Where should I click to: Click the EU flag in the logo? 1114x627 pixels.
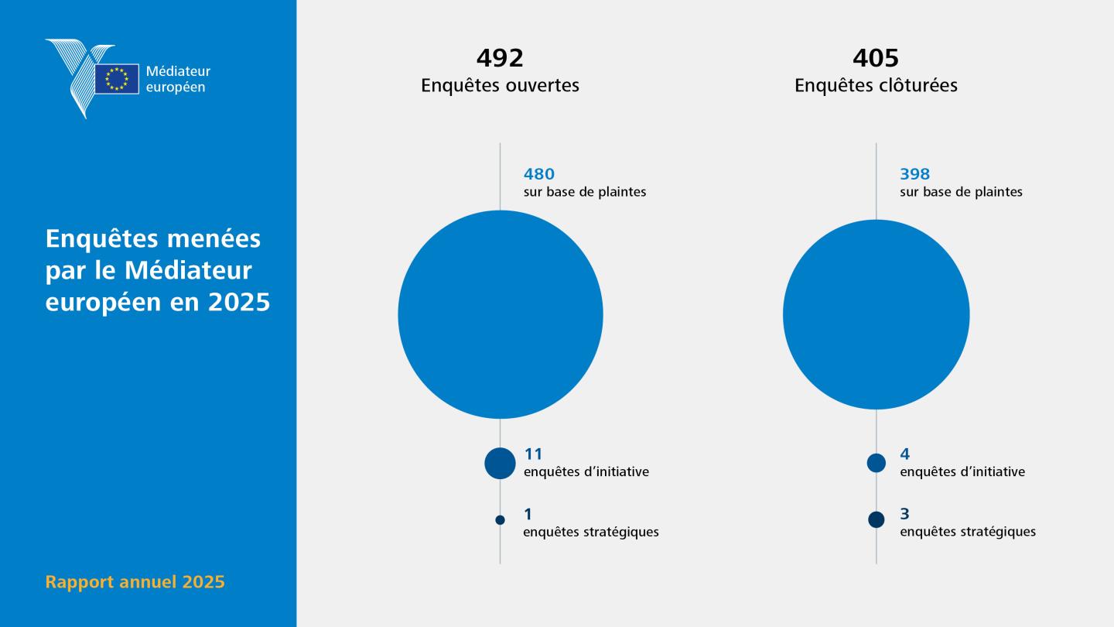point(117,79)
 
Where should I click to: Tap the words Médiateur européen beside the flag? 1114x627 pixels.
point(178,79)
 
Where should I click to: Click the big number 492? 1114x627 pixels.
point(500,58)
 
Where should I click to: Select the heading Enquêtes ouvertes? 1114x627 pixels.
point(500,85)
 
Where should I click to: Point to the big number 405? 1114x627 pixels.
point(876,58)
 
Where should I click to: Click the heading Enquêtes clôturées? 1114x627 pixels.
point(876,85)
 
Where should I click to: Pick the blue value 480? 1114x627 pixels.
point(539,174)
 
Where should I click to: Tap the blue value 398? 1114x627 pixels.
point(914,174)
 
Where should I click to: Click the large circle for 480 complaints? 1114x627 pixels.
point(501,314)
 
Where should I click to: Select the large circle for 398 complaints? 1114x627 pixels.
point(877,314)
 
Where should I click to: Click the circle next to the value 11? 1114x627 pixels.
point(500,463)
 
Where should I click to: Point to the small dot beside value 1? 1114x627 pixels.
point(500,520)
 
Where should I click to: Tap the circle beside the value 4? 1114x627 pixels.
point(877,463)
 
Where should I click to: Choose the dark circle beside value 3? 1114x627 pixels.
point(877,519)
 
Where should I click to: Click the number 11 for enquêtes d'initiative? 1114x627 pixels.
point(533,454)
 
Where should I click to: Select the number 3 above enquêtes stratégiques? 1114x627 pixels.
point(904,513)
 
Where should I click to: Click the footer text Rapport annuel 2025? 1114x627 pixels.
point(135,582)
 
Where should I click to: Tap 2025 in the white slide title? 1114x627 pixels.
point(239,302)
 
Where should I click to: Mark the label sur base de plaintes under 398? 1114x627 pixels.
point(961,192)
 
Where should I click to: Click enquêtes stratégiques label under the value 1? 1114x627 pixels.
point(591,532)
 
